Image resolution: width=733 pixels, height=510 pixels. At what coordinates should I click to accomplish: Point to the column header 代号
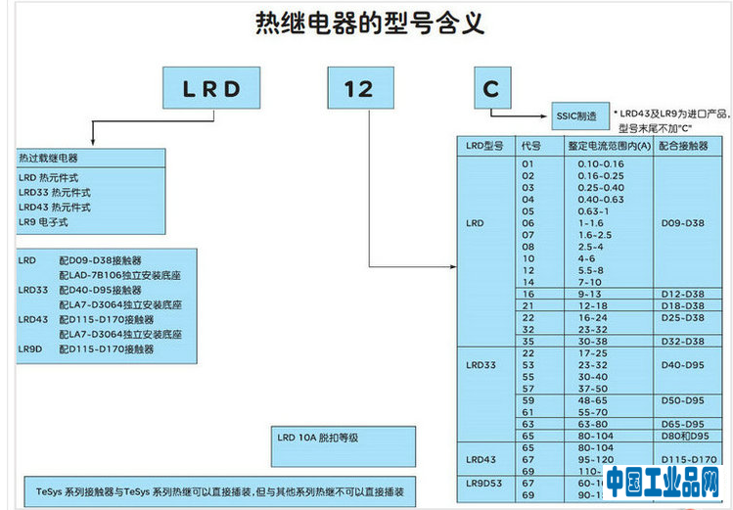(531, 146)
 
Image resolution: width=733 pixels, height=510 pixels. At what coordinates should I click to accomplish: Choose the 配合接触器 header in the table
(682, 146)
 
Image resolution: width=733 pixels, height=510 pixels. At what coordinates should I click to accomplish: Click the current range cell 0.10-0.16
(600, 163)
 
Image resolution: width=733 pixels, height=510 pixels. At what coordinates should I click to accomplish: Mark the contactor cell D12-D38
(683, 294)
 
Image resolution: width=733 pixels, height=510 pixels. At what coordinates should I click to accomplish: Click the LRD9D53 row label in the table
(484, 483)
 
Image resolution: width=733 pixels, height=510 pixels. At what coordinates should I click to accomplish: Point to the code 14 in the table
(528, 282)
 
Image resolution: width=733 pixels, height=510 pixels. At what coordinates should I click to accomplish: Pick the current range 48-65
(594, 400)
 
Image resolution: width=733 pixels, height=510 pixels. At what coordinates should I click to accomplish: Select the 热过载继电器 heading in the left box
(49, 158)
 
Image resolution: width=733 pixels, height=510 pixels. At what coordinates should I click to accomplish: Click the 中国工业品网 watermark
(663, 484)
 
